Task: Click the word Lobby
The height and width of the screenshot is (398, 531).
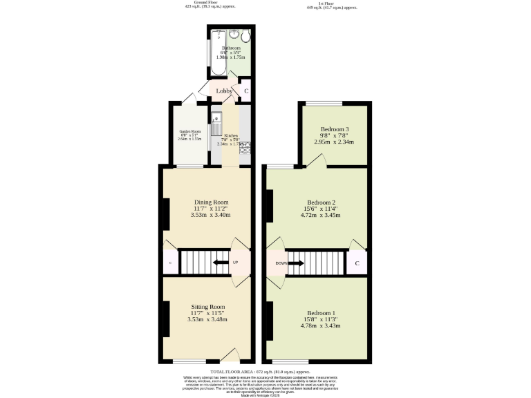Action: pos(224,91)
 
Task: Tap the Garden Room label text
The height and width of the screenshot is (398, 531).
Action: pos(189,131)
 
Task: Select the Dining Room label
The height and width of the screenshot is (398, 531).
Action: pos(211,202)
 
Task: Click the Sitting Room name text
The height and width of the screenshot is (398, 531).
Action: pos(208,307)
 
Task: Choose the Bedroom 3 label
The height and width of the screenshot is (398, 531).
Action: pos(334,129)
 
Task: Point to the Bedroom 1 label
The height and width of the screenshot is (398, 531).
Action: pos(322,313)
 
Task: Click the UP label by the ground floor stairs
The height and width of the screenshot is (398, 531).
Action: pos(235,263)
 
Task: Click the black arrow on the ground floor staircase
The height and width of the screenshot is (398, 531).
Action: pos(220,263)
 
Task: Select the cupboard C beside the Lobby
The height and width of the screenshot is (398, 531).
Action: pos(246,91)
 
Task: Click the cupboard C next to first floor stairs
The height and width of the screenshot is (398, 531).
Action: pos(357,263)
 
